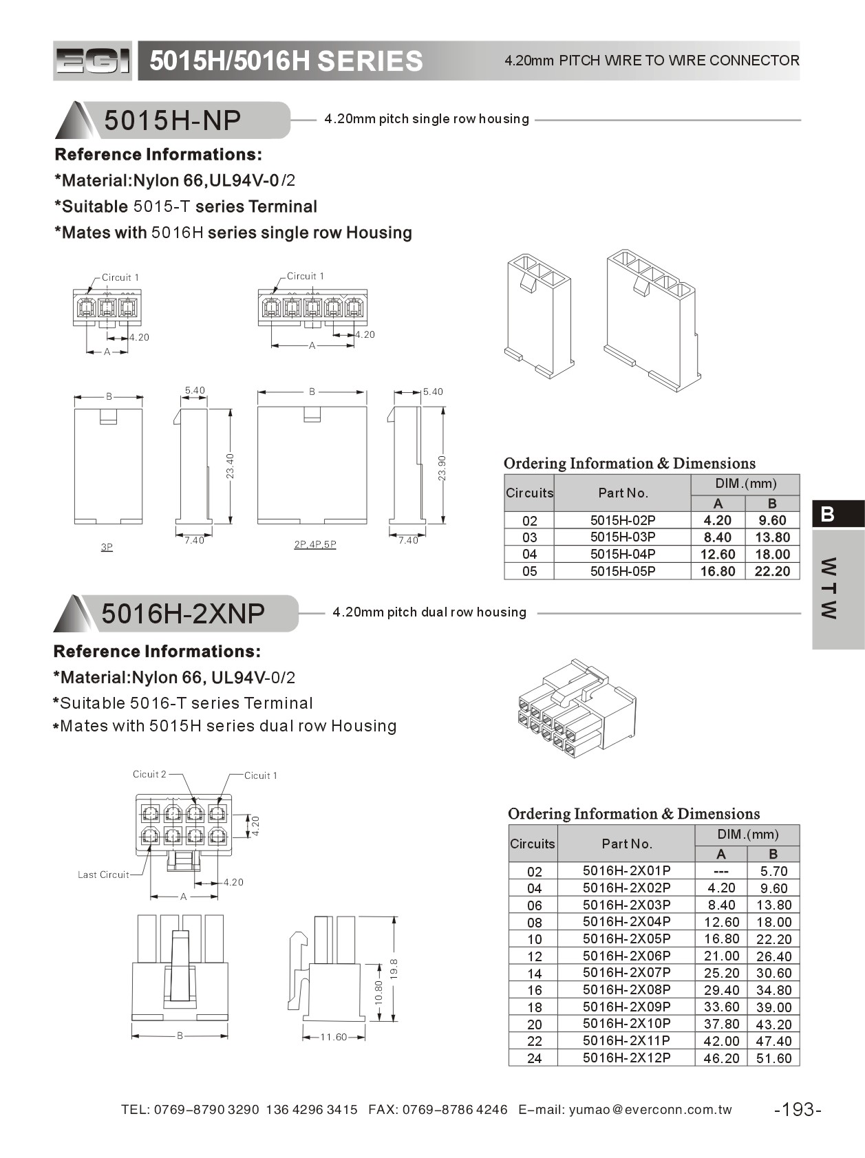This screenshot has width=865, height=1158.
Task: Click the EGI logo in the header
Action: (92, 61)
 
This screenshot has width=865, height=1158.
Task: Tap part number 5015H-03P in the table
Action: (622, 537)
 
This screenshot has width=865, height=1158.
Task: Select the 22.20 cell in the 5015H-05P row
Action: (772, 571)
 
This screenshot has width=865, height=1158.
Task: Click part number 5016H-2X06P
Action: (626, 956)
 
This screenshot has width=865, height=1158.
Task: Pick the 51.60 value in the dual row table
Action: (773, 1058)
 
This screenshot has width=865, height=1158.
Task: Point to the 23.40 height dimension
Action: (231, 466)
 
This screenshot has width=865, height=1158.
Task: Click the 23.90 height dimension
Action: (442, 468)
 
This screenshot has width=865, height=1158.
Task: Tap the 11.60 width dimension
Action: (334, 1037)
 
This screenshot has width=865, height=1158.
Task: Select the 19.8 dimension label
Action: (394, 968)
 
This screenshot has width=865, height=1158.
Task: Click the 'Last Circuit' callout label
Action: (103, 875)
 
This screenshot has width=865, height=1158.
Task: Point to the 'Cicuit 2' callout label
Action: (149, 774)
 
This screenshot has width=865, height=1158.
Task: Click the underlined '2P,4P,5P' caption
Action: (315, 544)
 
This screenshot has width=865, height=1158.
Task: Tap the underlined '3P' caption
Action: (107, 547)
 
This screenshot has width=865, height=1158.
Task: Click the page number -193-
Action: (798, 1109)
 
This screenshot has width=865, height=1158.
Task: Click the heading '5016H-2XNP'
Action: (183, 613)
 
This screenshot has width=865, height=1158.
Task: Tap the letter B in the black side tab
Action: (828, 514)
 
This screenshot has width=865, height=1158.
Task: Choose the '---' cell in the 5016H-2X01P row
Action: (720, 871)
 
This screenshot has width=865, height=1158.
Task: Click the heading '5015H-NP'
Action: (172, 120)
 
